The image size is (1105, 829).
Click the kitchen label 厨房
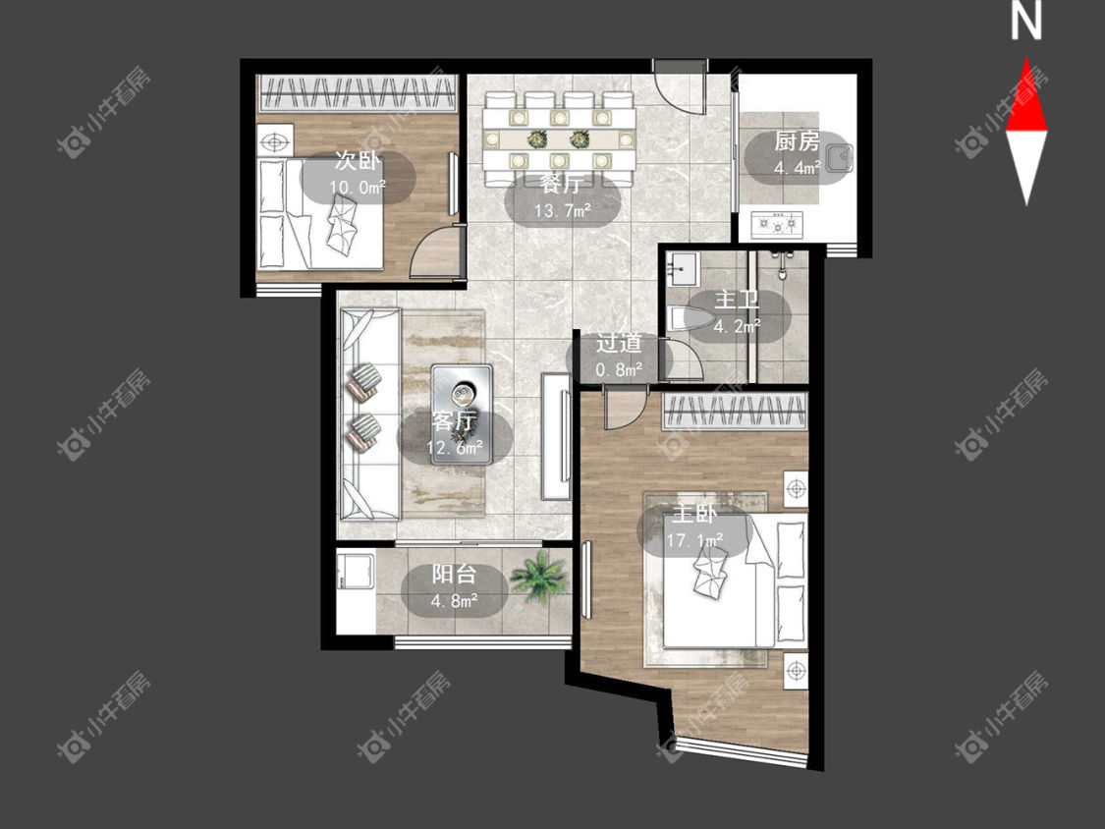tap(797, 141)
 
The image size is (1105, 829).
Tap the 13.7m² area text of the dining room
tap(562, 210)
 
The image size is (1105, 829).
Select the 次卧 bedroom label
tap(358, 161)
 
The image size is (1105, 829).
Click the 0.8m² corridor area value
tap(619, 368)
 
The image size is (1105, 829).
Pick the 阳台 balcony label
tap(454, 574)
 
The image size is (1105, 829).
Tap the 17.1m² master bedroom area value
tap(694, 540)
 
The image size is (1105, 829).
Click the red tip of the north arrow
tap(1026, 59)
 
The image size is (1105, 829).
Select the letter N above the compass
tap(1026, 21)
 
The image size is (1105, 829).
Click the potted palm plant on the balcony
tap(539, 576)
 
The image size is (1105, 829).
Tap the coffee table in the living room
tap(462, 414)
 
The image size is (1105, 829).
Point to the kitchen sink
tap(838, 157)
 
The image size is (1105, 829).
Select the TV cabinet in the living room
tap(557, 436)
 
